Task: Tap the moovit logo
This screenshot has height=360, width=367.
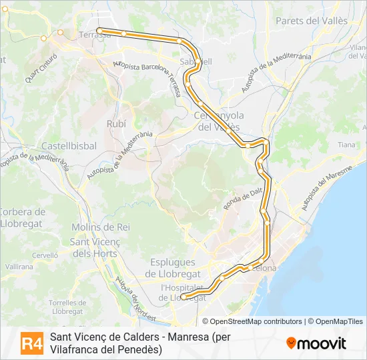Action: pos(316,343)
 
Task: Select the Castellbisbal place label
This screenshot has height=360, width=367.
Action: pos(69,145)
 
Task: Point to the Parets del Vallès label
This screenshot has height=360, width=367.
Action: pos(312,21)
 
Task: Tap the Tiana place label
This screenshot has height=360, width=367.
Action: pos(346,145)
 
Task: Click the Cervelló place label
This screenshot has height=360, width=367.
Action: pos(45,255)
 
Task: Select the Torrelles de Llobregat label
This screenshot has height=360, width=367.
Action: pos(65,307)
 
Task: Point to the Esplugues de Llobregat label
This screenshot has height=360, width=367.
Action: pos(173,267)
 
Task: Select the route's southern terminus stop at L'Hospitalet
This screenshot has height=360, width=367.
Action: pos(183,297)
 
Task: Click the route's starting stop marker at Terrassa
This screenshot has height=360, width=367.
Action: pos(99,30)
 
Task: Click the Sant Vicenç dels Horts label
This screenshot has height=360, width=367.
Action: pos(94,247)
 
